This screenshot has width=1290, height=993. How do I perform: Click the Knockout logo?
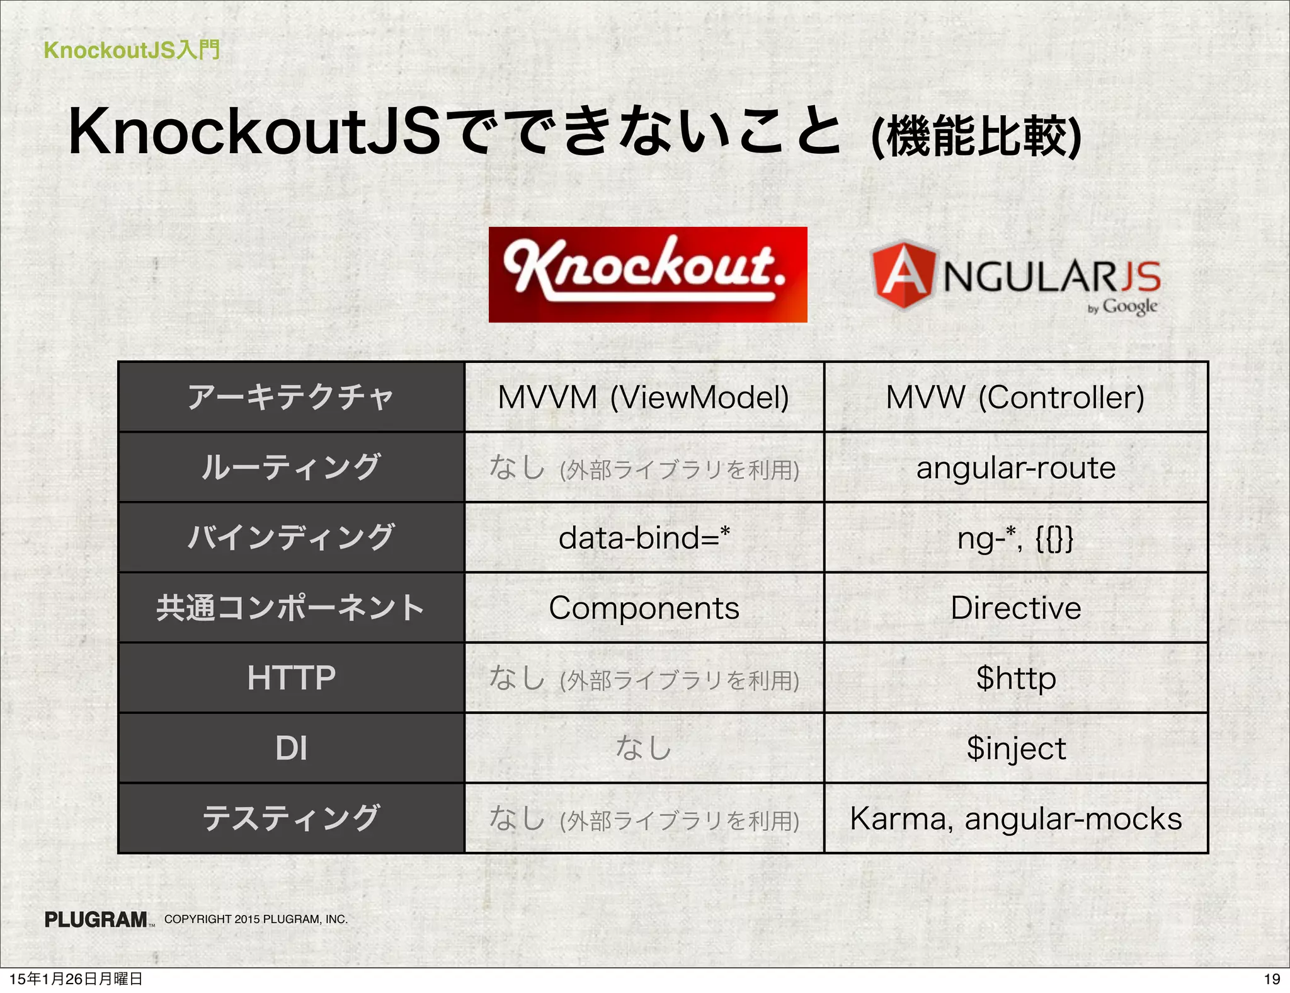(x=648, y=275)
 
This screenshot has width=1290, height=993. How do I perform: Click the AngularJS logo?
(x=1015, y=277)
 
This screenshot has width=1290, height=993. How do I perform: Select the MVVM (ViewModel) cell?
(x=644, y=398)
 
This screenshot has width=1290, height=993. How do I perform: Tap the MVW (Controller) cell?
(x=1015, y=398)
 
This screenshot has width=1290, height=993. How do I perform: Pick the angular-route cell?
(x=1015, y=468)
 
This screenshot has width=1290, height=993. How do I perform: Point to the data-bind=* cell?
(x=644, y=538)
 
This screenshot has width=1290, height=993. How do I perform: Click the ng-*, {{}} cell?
(x=1015, y=538)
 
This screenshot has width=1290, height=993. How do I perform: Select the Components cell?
(x=644, y=608)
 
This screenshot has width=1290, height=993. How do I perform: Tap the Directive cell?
(x=1015, y=608)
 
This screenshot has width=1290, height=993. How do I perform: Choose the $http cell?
(x=1015, y=678)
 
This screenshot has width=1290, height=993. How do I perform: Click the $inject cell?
(x=1015, y=749)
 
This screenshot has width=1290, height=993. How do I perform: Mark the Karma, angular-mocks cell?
(x=1015, y=818)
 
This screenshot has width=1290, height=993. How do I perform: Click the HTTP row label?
(x=291, y=678)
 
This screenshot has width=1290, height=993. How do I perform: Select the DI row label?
(x=291, y=749)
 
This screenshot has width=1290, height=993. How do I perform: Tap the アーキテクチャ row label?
(x=291, y=398)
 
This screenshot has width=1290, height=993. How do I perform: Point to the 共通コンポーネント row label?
(x=291, y=608)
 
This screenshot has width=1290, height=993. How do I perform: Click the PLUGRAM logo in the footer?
(x=96, y=920)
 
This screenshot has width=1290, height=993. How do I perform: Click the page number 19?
(x=1272, y=979)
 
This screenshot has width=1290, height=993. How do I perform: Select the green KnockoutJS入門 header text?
(x=132, y=50)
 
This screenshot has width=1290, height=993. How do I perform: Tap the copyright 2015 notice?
(x=256, y=919)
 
